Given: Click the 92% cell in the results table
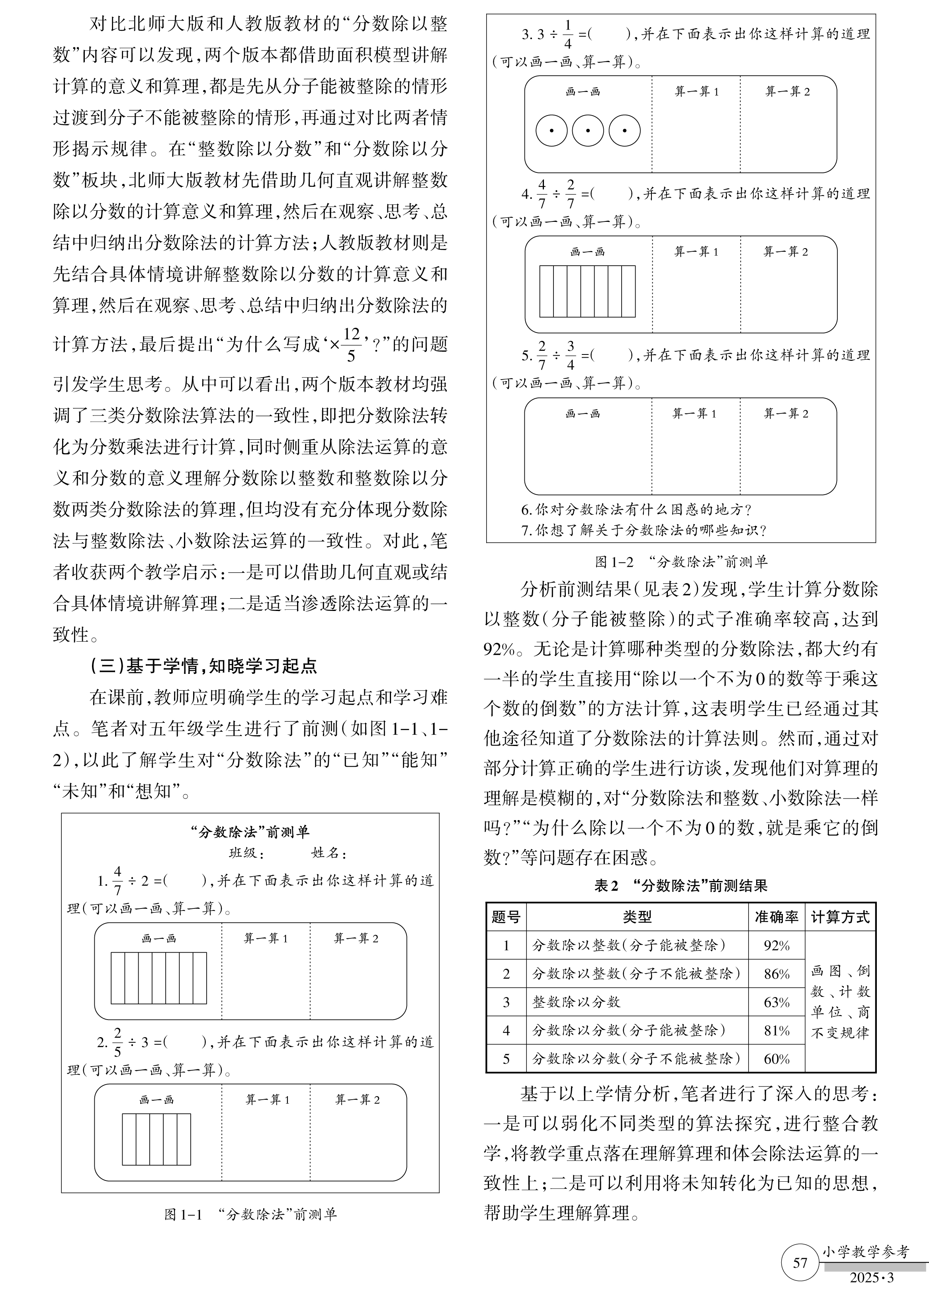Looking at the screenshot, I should tap(776, 946).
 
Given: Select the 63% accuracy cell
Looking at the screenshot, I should tap(776, 1002).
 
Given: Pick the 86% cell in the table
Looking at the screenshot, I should tap(776, 974).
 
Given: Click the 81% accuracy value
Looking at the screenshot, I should tap(776, 1030).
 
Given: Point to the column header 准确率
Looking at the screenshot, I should tap(776, 917).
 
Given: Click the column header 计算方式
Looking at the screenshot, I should tap(840, 917).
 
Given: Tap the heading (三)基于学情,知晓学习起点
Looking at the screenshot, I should tap(203, 666).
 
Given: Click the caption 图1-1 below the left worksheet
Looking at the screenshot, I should tap(250, 1214).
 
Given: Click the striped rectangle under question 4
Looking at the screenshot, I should tap(587, 291).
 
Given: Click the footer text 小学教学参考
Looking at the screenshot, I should tap(866, 1252).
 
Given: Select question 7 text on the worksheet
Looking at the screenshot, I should tap(643, 530).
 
